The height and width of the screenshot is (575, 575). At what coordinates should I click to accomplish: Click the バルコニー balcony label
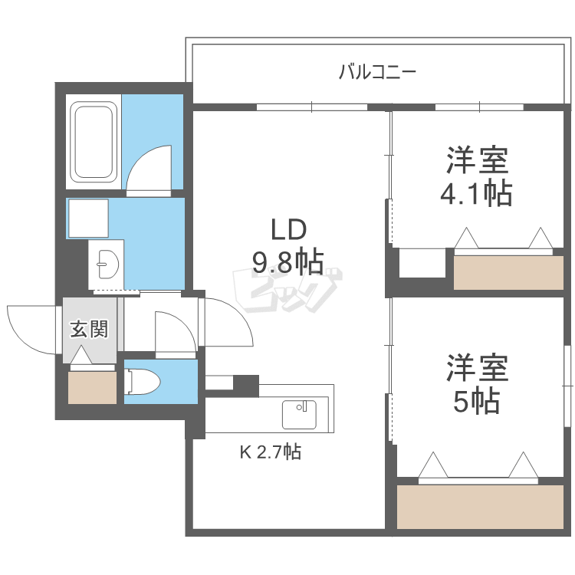377,73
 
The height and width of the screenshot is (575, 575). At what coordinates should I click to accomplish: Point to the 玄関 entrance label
89,330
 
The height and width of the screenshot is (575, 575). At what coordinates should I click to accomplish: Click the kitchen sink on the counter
299,415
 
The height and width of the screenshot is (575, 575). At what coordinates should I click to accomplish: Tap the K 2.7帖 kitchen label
271,452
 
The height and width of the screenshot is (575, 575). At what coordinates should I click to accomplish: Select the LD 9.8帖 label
287,245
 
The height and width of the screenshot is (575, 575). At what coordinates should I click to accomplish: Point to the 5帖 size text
476,400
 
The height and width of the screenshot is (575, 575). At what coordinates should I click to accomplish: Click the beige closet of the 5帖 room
479,506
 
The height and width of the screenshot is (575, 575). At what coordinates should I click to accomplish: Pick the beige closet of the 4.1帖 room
508,273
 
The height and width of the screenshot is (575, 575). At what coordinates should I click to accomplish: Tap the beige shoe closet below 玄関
92,387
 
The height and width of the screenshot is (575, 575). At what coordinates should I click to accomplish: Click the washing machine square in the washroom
88,219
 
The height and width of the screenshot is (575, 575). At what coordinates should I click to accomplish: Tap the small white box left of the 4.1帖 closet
422,263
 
